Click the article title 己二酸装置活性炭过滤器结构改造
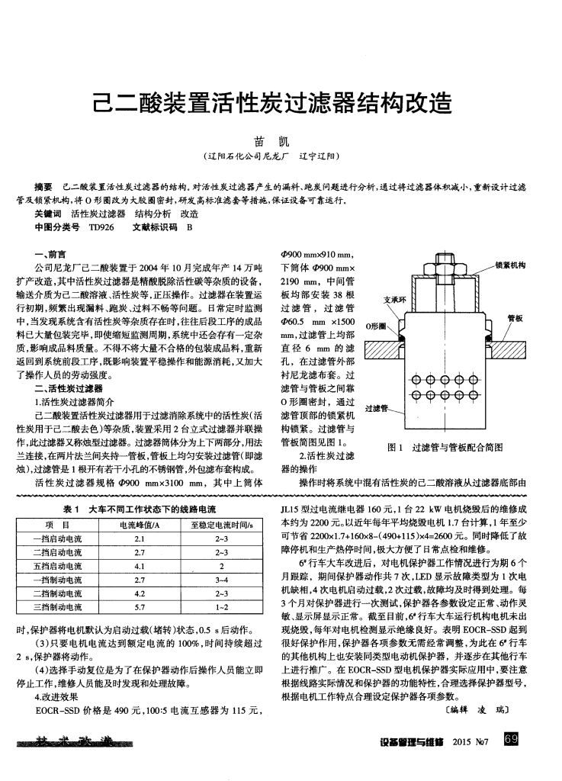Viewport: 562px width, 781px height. (281, 101)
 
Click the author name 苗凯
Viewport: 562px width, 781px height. (281, 142)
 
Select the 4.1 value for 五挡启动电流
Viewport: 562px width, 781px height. (140, 566)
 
